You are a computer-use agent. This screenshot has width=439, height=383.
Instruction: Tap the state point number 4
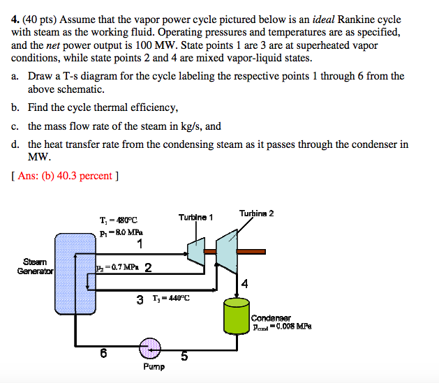pos(244,283)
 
